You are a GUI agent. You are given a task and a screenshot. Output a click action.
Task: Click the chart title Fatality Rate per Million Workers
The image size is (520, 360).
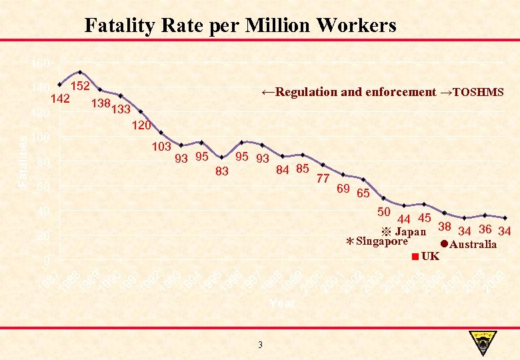coord(240,25)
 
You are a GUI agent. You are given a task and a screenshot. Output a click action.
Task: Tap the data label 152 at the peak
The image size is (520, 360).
coord(81,86)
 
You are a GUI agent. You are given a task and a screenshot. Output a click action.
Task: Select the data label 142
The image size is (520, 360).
coord(61,99)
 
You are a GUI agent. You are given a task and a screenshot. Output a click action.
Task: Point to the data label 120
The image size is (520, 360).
coord(141,125)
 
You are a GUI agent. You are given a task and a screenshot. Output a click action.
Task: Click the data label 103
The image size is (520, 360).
coord(162,146)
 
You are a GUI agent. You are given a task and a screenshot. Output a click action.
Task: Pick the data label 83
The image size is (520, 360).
coord(222,171)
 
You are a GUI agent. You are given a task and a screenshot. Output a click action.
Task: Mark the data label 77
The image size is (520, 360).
coord(323,178)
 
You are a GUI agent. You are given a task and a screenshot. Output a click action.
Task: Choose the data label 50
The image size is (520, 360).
coord(383,212)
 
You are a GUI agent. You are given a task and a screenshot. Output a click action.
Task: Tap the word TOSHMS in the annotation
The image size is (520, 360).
coord(478,92)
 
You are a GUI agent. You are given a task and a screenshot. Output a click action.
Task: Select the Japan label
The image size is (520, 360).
coord(411,232)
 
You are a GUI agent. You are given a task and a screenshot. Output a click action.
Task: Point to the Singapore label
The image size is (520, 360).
coord(382,241)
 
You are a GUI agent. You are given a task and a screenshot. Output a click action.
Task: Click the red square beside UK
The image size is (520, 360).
coord(415,257)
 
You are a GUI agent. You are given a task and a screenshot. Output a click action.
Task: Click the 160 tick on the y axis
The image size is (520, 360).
coord(40,63)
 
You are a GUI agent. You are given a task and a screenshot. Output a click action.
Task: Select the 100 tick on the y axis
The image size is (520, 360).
coord(40,137)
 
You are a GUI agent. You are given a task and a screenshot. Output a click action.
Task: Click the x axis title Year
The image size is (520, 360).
coord(282,303)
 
